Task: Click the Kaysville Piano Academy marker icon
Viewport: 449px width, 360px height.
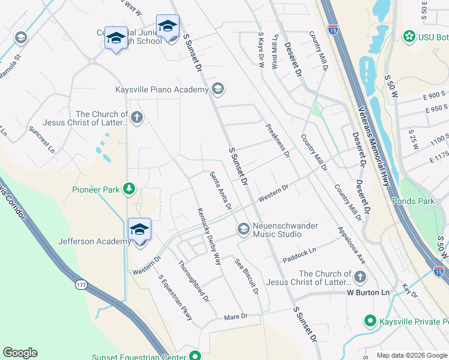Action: [x=217, y=90]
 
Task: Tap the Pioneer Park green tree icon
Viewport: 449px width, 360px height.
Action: [x=128, y=190]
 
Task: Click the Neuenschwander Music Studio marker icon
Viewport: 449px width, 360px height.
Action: [x=243, y=228]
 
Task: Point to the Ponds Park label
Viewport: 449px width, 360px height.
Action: [x=413, y=201]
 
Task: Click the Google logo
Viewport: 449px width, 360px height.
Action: [x=20, y=353]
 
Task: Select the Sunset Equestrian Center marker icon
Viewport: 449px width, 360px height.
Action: [x=194, y=356]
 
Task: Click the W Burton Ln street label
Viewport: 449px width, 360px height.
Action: [x=369, y=293]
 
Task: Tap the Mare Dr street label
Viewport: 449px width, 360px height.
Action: [x=235, y=316]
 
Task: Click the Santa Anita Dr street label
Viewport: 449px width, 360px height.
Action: [x=220, y=191]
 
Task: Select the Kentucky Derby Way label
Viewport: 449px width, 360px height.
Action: [x=209, y=236]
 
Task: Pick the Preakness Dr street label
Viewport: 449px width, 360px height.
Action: [x=278, y=140]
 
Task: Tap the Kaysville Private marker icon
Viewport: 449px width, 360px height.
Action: [x=370, y=322]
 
